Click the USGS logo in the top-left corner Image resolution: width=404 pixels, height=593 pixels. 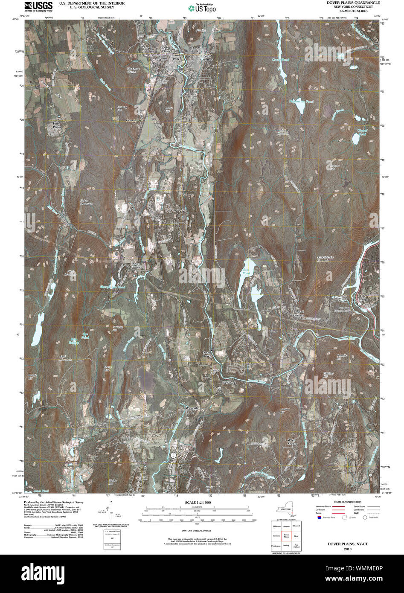pos(39,6)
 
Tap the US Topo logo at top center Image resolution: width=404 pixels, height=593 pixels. pos(202,8)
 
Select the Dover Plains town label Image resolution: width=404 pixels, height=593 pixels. pos(166,49)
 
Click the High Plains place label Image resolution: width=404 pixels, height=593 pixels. pos(57,125)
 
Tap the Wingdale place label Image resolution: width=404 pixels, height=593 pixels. pos(192,408)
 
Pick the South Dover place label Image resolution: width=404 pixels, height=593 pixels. pos(207,354)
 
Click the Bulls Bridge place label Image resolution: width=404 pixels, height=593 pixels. pos(362,298)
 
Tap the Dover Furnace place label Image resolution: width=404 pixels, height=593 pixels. pos(136,265)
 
